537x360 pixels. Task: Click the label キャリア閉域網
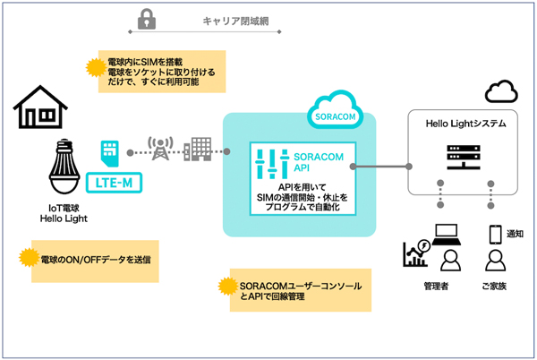(x=235, y=19)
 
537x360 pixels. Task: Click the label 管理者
(x=439, y=287)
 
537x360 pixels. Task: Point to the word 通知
(x=515, y=234)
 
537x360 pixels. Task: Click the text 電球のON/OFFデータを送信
(x=95, y=259)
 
